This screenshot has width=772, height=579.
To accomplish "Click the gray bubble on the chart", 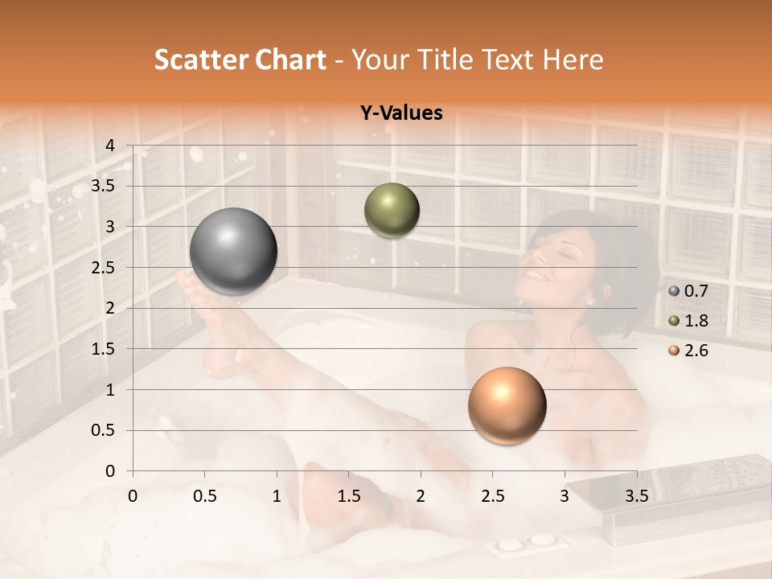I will pos(234,251).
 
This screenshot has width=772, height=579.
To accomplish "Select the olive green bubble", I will pos(392,210).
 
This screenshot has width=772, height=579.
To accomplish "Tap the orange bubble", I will pos(507,405).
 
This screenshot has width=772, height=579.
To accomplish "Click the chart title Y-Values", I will pos(400,113).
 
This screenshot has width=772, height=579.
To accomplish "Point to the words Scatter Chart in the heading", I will pos(240,59).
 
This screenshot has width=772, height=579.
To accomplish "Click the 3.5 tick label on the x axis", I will pos(636,495).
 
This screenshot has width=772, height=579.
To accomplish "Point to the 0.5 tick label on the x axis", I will pos(204,495).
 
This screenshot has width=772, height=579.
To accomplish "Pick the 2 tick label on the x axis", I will pos(421,495).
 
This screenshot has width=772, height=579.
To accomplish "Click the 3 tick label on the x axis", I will pos(565,495).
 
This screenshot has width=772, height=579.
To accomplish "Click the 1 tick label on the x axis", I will pos(277,495).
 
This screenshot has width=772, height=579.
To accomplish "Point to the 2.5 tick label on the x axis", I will pos(492,495).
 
